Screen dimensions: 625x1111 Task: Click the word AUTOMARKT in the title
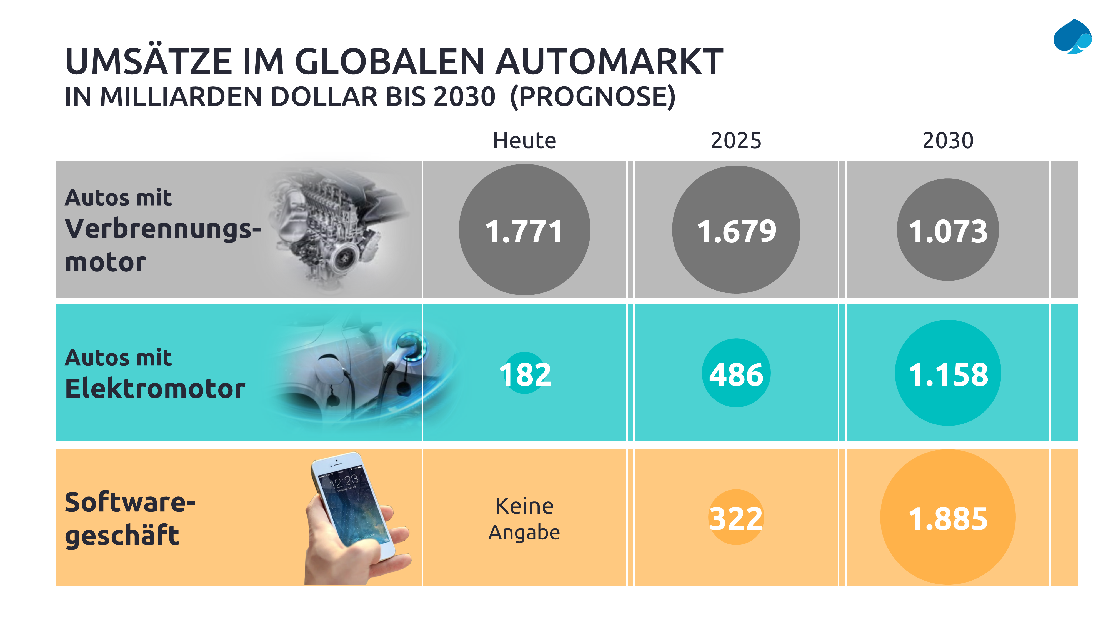click(x=609, y=62)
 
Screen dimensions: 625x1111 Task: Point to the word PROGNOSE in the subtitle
click(x=593, y=97)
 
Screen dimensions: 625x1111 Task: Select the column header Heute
click(x=524, y=141)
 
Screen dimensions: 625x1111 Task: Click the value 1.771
click(x=524, y=231)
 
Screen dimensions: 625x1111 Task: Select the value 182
click(x=524, y=374)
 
